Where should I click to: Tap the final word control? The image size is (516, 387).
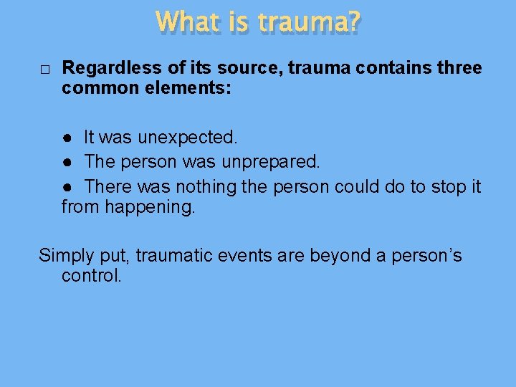[92, 276]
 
